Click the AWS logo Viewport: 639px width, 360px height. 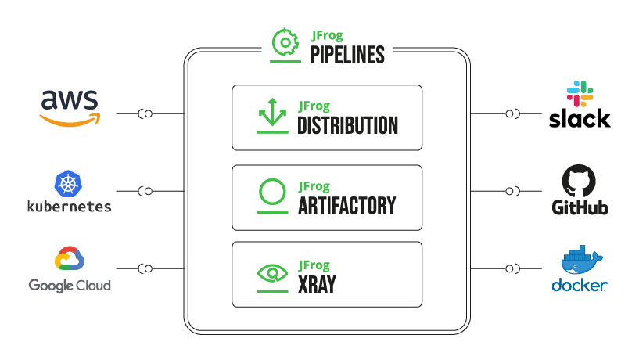70,107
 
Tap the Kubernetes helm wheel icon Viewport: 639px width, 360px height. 70,185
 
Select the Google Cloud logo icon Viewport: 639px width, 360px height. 70,260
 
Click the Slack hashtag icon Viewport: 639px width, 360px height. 580,94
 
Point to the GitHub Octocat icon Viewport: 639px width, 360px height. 580,182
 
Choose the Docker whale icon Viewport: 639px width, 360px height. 580,261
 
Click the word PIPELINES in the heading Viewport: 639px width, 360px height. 348,56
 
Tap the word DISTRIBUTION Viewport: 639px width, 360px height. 348,125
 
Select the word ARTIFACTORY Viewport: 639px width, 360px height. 346,206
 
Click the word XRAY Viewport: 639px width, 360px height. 317,283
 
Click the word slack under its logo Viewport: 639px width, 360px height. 580,119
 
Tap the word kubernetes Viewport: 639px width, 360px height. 70,207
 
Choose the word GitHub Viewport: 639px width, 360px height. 580,208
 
